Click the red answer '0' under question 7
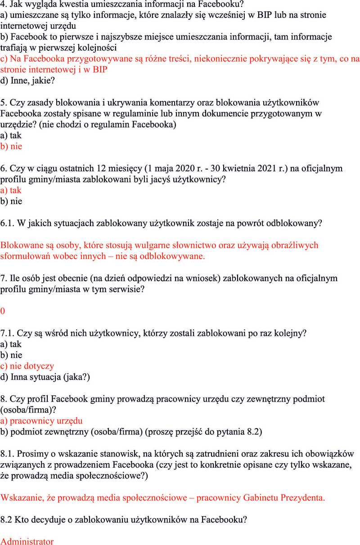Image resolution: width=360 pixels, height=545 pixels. click(3, 311)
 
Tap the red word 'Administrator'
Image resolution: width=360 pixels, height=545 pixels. click(27, 541)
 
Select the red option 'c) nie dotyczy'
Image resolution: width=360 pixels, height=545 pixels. click(27, 366)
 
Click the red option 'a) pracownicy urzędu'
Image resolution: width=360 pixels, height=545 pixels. click(41, 421)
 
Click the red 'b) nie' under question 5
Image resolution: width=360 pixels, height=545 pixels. click(11, 146)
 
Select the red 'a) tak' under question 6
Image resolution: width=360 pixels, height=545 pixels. click(11, 190)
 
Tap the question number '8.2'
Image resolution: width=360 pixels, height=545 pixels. click(6, 519)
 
